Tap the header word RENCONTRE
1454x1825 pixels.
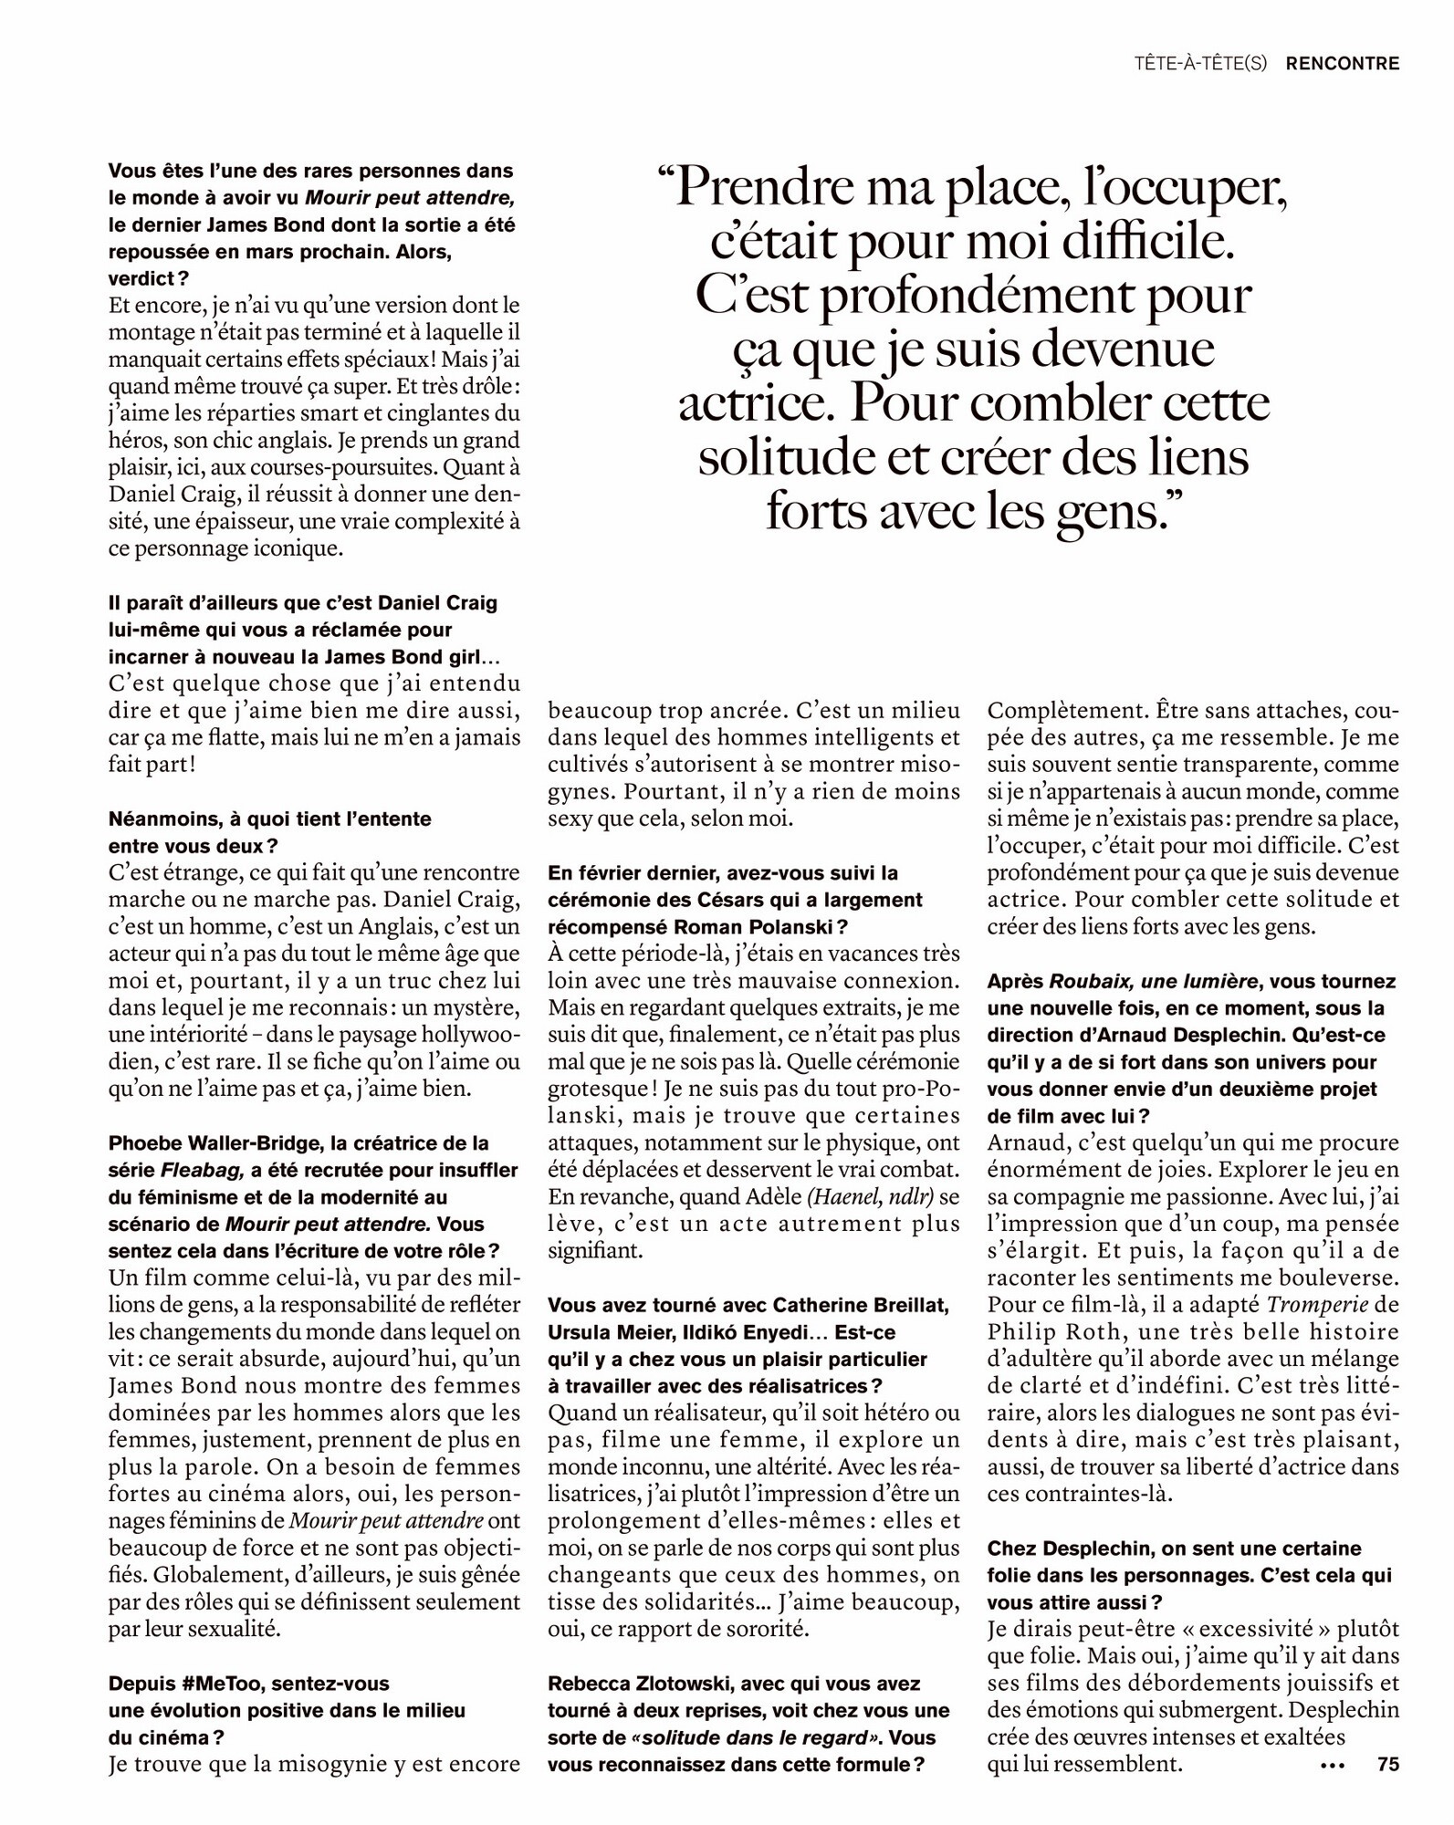tap(1342, 64)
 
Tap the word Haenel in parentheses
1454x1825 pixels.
tap(837, 1196)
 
